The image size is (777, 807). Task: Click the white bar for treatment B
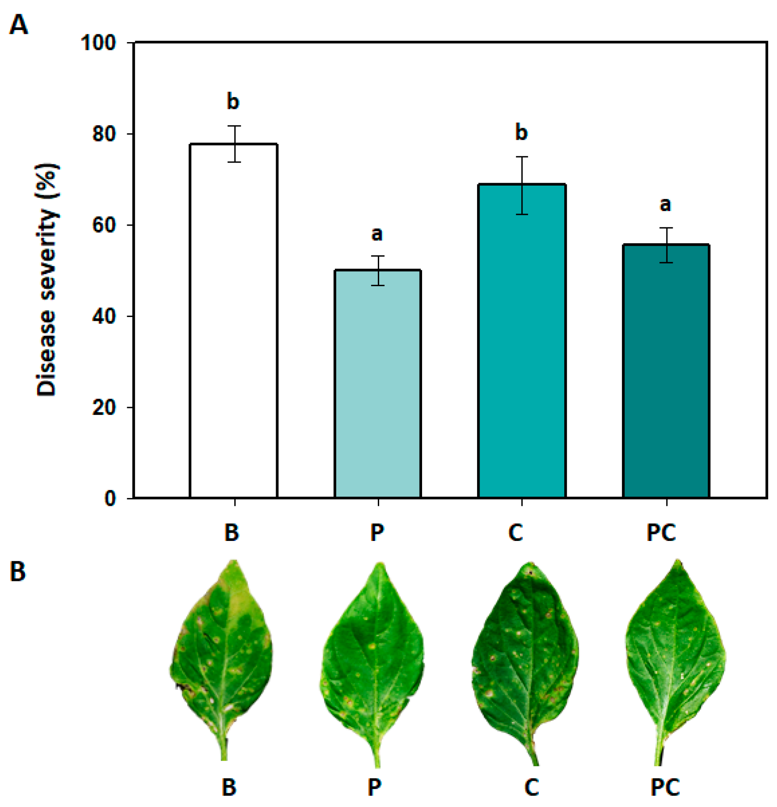pos(234,321)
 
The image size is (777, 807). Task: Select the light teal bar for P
pos(377,384)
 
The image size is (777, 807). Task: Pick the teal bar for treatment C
pos(521,342)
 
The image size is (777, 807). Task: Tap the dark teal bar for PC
pos(666,371)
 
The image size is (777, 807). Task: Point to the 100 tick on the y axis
pos(98,43)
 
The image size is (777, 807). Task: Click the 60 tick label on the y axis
pos(103,225)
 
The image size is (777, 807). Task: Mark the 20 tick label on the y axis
pos(103,407)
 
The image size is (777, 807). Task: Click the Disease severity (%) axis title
pos(47,279)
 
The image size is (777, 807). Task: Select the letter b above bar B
pos(233,101)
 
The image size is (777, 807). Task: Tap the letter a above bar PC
pos(665,204)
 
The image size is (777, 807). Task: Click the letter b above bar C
pos(521,132)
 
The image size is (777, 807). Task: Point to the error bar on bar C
pos(522,186)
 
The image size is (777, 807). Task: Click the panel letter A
pos(19,25)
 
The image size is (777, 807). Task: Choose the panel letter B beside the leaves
pos(18,572)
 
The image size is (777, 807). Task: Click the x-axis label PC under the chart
pos(661,533)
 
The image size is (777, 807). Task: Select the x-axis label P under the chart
pos(377,533)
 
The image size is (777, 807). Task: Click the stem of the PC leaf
pos(660,747)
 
